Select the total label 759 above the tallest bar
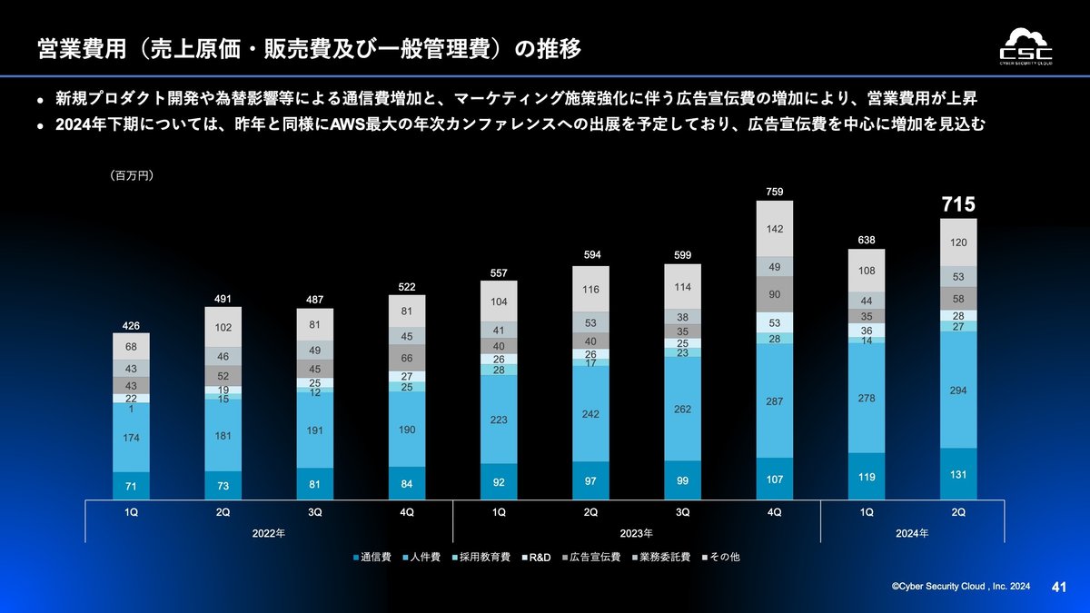774,192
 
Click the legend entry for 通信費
372,556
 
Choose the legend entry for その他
723,556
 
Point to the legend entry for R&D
539,556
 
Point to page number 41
1058,588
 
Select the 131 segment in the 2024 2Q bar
958,475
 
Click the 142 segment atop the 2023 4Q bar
774,229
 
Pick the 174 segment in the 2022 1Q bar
132,439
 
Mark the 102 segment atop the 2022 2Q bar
223,328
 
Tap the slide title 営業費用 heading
309,48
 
